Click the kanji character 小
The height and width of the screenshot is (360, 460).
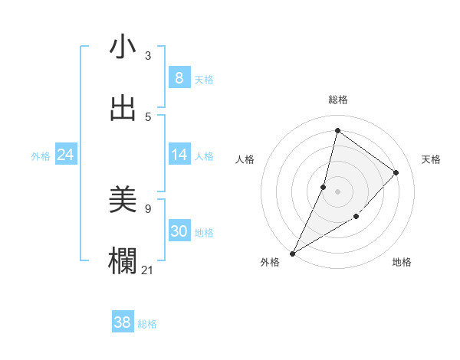point(123,47)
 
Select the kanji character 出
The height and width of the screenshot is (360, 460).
point(123,108)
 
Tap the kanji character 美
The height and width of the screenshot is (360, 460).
point(123,201)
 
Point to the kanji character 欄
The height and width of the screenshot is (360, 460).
point(123,261)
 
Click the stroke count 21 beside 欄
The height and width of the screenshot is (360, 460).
point(148,269)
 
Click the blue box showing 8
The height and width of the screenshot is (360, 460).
point(179,78)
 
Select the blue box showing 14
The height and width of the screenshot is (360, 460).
point(179,155)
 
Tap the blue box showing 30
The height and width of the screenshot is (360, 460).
point(179,231)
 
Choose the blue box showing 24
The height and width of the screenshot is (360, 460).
point(65,155)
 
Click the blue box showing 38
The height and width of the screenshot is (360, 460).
point(122,323)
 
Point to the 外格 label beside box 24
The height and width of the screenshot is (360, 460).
point(41,156)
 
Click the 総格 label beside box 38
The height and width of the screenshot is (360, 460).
point(147,324)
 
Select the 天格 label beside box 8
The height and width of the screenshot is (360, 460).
point(204,79)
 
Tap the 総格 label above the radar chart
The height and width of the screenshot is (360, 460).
point(338,100)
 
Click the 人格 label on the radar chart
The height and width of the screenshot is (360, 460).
point(245,159)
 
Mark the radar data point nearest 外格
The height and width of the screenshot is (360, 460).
point(293,253)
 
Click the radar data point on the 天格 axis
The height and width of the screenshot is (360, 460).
point(396,172)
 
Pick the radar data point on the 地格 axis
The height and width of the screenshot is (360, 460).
point(356,217)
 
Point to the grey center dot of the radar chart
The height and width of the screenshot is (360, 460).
point(337,191)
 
